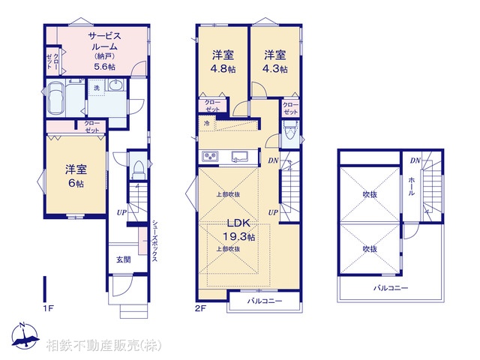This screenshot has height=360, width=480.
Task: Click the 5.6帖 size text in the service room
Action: pos(104,67)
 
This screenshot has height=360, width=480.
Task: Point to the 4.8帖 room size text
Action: pos(220,67)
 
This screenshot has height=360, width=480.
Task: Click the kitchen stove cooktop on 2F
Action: pos(208,157)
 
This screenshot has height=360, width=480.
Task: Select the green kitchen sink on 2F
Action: pos(240,157)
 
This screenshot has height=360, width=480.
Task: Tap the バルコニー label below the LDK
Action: pos(265,301)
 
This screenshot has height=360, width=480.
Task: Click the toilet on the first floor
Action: pos(136,169)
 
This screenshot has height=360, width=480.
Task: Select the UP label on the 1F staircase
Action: pos(120,213)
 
